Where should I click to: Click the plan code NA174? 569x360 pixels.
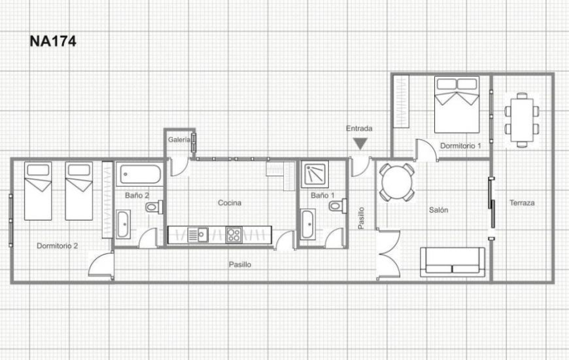tap(53, 41)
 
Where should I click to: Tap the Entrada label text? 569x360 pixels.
tap(359, 129)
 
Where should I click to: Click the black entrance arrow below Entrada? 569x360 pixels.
tap(360, 144)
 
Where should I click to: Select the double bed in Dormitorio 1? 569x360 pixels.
tap(457, 103)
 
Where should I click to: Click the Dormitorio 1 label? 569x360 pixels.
tap(460, 145)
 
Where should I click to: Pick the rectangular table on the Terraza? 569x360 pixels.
tap(522, 120)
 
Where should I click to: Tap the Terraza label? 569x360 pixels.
tap(522, 203)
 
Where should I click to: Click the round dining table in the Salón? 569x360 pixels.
tap(396, 181)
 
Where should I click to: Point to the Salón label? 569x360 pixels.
tap(438, 210)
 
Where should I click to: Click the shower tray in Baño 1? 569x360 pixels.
tap(317, 173)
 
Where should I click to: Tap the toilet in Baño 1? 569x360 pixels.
tap(336, 207)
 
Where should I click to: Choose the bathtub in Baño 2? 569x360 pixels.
tap(140, 175)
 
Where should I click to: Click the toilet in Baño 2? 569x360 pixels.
tap(153, 207)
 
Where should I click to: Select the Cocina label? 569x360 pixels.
tap(230, 203)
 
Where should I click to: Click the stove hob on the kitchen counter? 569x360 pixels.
tap(233, 234)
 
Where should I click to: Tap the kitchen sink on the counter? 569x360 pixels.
tap(197, 234)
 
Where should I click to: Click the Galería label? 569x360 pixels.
tap(179, 139)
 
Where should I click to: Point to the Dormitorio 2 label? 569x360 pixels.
tap(58, 246)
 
